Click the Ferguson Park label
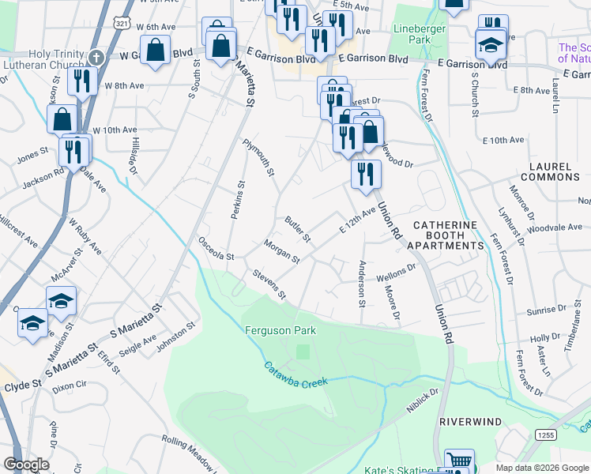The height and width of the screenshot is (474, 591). click(x=280, y=330)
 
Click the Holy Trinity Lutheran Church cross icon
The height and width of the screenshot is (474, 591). click(x=96, y=58)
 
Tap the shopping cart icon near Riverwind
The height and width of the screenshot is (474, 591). click(x=459, y=461)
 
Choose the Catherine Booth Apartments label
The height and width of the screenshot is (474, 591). click(x=445, y=235)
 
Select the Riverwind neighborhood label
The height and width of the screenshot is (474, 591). click(x=471, y=422)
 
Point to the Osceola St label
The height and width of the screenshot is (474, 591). click(x=216, y=249)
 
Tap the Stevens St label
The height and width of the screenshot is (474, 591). click(x=269, y=284)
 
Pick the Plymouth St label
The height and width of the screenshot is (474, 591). click(x=258, y=159)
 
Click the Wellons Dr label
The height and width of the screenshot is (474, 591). click(x=396, y=273)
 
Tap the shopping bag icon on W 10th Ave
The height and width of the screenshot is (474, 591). click(x=62, y=121)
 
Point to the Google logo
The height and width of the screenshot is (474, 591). click(x=26, y=465)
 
